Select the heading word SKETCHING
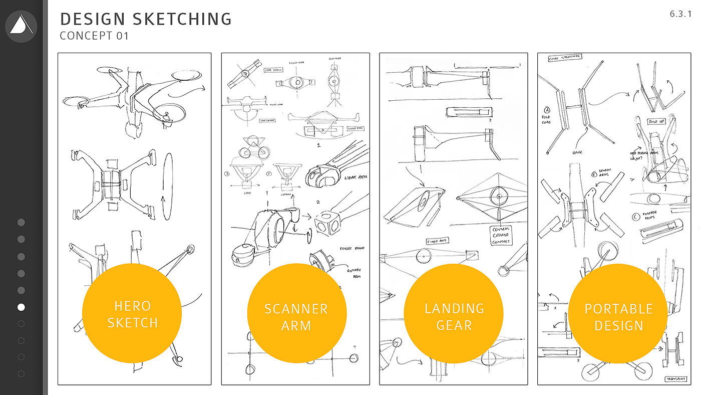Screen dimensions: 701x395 point(183,19)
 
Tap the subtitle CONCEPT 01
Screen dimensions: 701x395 point(94,36)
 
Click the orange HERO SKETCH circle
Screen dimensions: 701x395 point(132,313)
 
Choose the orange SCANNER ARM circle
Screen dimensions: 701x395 point(296,316)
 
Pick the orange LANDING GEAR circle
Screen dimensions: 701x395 point(454,316)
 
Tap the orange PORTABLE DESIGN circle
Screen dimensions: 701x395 point(618,316)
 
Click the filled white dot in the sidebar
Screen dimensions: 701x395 point(21,307)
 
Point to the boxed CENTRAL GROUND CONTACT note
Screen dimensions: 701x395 point(501,235)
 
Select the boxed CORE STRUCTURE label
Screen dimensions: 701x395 point(565,58)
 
